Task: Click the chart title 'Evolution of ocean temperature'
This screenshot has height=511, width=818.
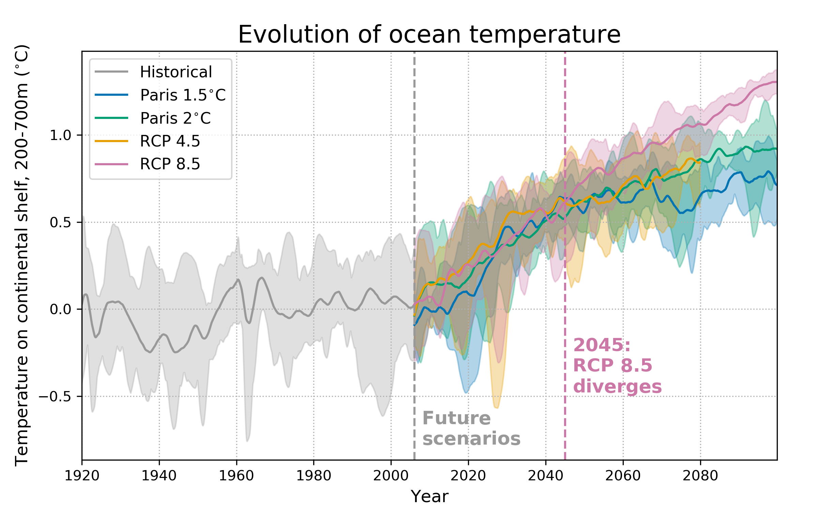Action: click(x=429, y=34)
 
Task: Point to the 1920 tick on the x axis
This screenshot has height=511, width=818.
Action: click(x=82, y=476)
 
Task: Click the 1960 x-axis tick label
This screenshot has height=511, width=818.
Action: click(x=237, y=476)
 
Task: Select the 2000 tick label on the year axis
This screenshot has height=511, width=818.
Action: click(x=391, y=476)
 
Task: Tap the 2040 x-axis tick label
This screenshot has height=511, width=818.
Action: click(x=546, y=476)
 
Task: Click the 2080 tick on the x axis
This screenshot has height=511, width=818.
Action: click(x=700, y=476)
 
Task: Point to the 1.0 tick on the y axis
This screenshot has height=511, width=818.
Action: click(x=60, y=135)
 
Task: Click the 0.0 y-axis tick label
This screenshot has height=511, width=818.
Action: click(x=60, y=309)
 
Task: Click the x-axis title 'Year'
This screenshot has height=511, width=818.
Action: click(x=429, y=497)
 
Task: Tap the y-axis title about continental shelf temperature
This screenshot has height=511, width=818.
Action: click(x=22, y=255)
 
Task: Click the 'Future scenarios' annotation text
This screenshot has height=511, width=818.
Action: click(x=471, y=428)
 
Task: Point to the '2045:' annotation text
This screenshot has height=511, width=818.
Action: click(x=602, y=345)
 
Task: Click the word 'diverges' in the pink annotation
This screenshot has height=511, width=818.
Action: click(x=617, y=387)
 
